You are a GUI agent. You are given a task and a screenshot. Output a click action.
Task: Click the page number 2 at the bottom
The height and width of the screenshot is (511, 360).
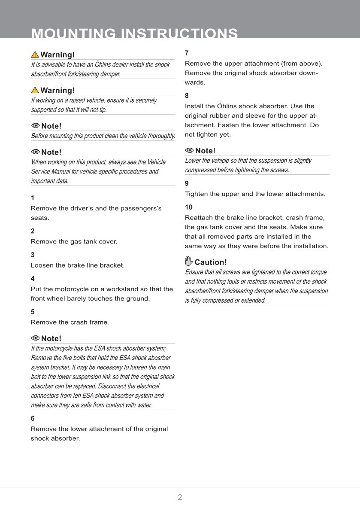pyautogui.click(x=180, y=497)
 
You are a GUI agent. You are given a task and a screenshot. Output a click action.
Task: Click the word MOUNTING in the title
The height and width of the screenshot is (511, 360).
pyautogui.click(x=73, y=34)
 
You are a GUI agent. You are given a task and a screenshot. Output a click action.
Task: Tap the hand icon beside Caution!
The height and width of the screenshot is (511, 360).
pyautogui.click(x=188, y=262)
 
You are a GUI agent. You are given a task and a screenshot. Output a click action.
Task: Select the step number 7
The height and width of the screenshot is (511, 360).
pyautogui.click(x=187, y=53)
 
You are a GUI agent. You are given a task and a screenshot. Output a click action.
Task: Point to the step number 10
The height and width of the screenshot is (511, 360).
pyautogui.click(x=189, y=207)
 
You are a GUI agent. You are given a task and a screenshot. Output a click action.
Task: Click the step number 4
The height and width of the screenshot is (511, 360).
pyautogui.click(x=33, y=278)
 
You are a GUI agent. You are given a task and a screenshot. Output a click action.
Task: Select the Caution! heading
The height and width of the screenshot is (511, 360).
pyautogui.click(x=210, y=262)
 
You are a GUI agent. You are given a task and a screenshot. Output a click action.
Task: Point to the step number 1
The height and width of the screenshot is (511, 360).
pyautogui.click(x=33, y=198)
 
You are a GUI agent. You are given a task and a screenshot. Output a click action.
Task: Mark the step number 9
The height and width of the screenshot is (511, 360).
pyautogui.click(x=187, y=183)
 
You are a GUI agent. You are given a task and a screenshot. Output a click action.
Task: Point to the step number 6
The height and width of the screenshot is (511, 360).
pyautogui.click(x=33, y=418)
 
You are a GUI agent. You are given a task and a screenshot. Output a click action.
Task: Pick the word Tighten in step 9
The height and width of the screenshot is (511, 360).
pyautogui.click(x=197, y=194)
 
